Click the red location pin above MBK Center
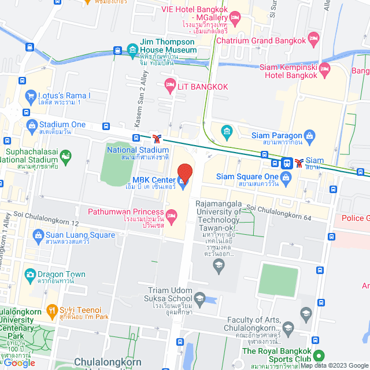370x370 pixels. (x=184, y=173)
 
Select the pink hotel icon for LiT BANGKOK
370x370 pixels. (x=170, y=87)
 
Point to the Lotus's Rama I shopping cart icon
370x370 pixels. (x=30, y=95)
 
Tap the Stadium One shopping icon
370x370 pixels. (x=32, y=125)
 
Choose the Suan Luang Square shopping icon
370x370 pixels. (x=38, y=235)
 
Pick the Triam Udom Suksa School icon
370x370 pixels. (x=199, y=299)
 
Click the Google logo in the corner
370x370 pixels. (x=19, y=362)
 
